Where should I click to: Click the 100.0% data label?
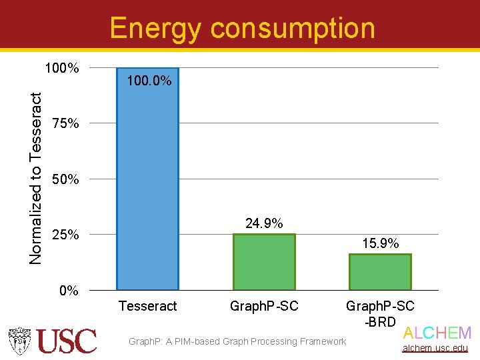[x=149, y=81]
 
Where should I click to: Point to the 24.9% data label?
[x=264, y=223]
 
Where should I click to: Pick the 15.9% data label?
[x=380, y=243]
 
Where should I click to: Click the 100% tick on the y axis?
[x=61, y=68]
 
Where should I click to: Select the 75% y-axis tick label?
[x=65, y=124]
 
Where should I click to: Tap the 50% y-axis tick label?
[x=65, y=179]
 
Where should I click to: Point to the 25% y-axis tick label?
[x=65, y=235]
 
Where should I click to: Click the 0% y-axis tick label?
[x=68, y=291]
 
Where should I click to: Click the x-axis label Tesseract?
[x=147, y=306]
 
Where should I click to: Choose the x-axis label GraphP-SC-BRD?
[x=380, y=313]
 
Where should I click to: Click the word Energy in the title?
[x=155, y=29]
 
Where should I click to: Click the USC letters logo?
[x=67, y=341]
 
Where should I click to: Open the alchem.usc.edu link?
[x=437, y=348]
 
